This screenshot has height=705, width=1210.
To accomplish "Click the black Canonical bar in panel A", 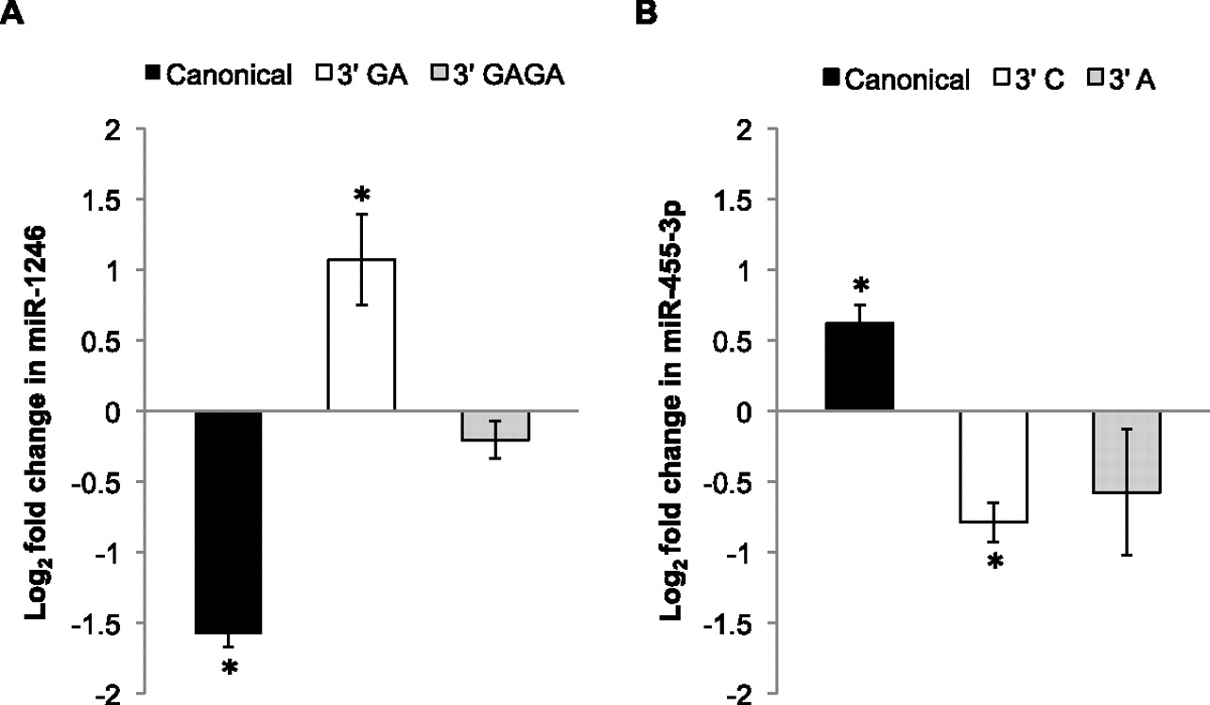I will click(228, 522).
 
